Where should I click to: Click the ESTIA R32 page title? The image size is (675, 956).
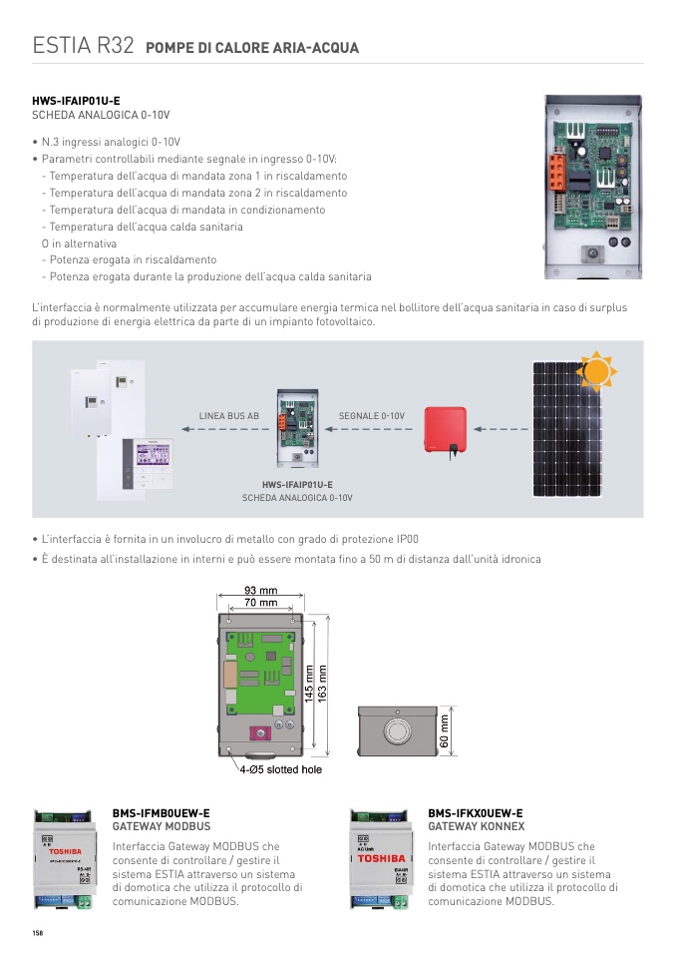[83, 46]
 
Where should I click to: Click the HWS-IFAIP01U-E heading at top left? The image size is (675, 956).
[76, 101]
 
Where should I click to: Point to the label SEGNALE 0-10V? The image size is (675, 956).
[372, 415]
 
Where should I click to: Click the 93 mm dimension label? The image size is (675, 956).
[261, 590]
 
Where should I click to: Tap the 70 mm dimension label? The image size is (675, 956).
[261, 603]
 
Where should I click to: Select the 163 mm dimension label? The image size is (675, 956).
[322, 683]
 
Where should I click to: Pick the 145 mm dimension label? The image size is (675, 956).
[309, 683]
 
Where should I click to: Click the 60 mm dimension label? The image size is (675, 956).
[446, 728]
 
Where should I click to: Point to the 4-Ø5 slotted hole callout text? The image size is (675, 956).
[280, 769]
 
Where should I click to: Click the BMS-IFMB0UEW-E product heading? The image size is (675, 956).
[162, 813]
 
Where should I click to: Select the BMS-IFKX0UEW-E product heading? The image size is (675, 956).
[476, 813]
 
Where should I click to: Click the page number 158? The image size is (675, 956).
[38, 932]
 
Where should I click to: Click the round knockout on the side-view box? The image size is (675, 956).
[397, 728]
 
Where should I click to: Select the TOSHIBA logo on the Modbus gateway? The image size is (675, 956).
[65, 851]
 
